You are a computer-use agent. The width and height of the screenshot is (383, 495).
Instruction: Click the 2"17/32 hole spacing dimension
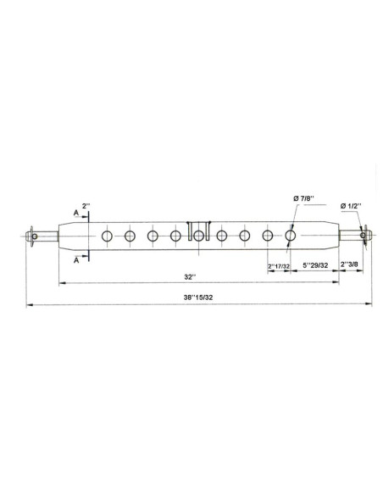click(x=279, y=266)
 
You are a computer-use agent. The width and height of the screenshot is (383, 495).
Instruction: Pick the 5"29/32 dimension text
click(x=315, y=266)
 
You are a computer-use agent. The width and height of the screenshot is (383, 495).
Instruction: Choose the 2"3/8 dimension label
click(x=351, y=266)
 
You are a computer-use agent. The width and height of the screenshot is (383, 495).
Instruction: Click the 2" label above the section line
click(x=86, y=206)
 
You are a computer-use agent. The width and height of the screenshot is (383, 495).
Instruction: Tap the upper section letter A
click(x=77, y=214)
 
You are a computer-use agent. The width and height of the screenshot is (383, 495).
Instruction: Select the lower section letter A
click(x=77, y=260)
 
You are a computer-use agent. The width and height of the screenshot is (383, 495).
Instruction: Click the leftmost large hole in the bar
click(x=107, y=236)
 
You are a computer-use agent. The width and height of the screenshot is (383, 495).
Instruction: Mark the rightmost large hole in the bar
click(x=291, y=236)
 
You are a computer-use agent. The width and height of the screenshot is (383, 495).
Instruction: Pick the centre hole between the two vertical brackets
click(x=198, y=236)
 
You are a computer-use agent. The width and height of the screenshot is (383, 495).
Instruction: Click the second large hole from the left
click(x=130, y=236)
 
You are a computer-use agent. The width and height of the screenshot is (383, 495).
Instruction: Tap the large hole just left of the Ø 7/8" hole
click(x=268, y=236)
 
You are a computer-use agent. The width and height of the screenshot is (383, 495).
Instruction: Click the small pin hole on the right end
click(x=363, y=236)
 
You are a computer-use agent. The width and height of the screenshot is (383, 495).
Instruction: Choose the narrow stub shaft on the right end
click(x=348, y=236)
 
